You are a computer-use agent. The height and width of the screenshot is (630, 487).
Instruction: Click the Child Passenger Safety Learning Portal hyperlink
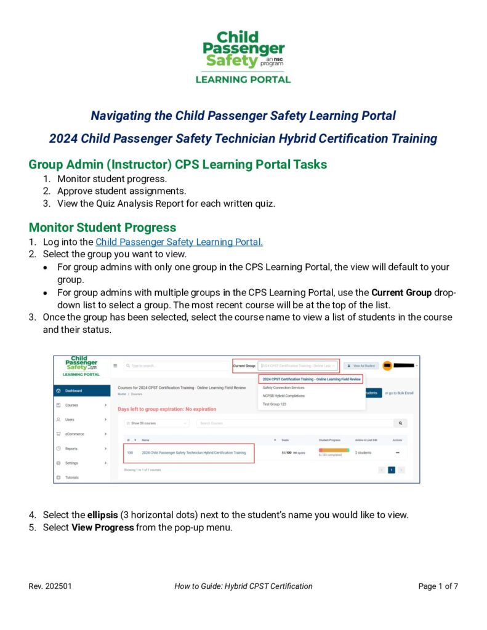pos(179,242)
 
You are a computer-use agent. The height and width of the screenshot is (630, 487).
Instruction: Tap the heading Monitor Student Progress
pos(102,227)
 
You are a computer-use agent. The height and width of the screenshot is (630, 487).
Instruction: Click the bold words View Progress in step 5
pos(102,527)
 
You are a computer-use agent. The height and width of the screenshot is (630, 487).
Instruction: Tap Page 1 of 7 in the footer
pos(438,586)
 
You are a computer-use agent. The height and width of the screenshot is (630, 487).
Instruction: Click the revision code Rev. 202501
pos(50,586)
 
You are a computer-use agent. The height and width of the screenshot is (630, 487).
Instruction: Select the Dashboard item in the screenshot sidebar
pos(74,391)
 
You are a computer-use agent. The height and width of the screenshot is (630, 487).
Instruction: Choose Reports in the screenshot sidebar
pos(71,449)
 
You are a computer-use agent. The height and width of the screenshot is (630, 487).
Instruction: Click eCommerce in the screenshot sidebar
pos(74,434)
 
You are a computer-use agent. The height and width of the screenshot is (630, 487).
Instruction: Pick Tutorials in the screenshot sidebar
pos(72,477)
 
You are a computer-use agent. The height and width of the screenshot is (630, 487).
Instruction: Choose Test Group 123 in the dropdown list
pos(275,404)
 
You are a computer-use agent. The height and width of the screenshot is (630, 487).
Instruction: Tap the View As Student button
pos(361,365)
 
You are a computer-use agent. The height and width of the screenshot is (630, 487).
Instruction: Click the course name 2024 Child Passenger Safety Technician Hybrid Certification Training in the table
pos(193,452)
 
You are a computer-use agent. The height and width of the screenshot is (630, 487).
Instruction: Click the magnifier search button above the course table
pos(401,423)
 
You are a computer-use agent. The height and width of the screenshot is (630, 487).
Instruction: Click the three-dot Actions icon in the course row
pos(397,452)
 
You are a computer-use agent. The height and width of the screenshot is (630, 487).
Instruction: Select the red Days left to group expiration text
pos(167,409)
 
